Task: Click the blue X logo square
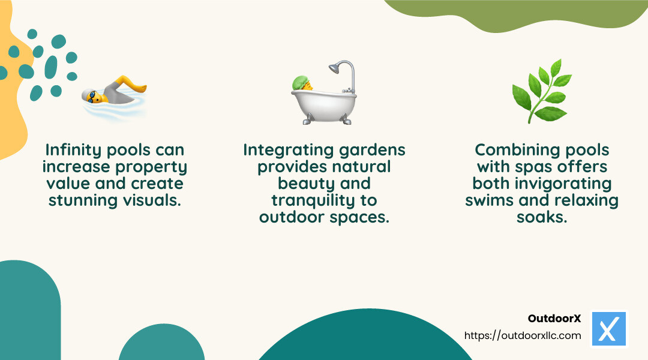pos(608,329)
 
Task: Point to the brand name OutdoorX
pos(554,319)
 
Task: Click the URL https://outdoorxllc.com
pos(523,335)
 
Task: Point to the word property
pos(150,167)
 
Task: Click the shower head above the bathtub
pos(343,66)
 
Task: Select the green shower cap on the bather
pos(300,82)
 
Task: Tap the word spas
pos(539,167)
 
